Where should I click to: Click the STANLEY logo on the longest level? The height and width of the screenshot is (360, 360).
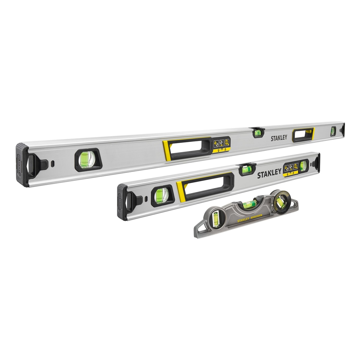pyautogui.click(x=279, y=138)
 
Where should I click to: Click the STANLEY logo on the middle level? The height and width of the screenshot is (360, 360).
pyautogui.click(x=269, y=173)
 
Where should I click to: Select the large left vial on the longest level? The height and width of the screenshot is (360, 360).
pyautogui.click(x=87, y=160)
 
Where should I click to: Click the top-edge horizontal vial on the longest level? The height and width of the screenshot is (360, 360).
pyautogui.click(x=257, y=132)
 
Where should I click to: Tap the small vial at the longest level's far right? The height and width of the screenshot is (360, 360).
pyautogui.click(x=333, y=131)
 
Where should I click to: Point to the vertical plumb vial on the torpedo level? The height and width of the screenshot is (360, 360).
pyautogui.click(x=215, y=218)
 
